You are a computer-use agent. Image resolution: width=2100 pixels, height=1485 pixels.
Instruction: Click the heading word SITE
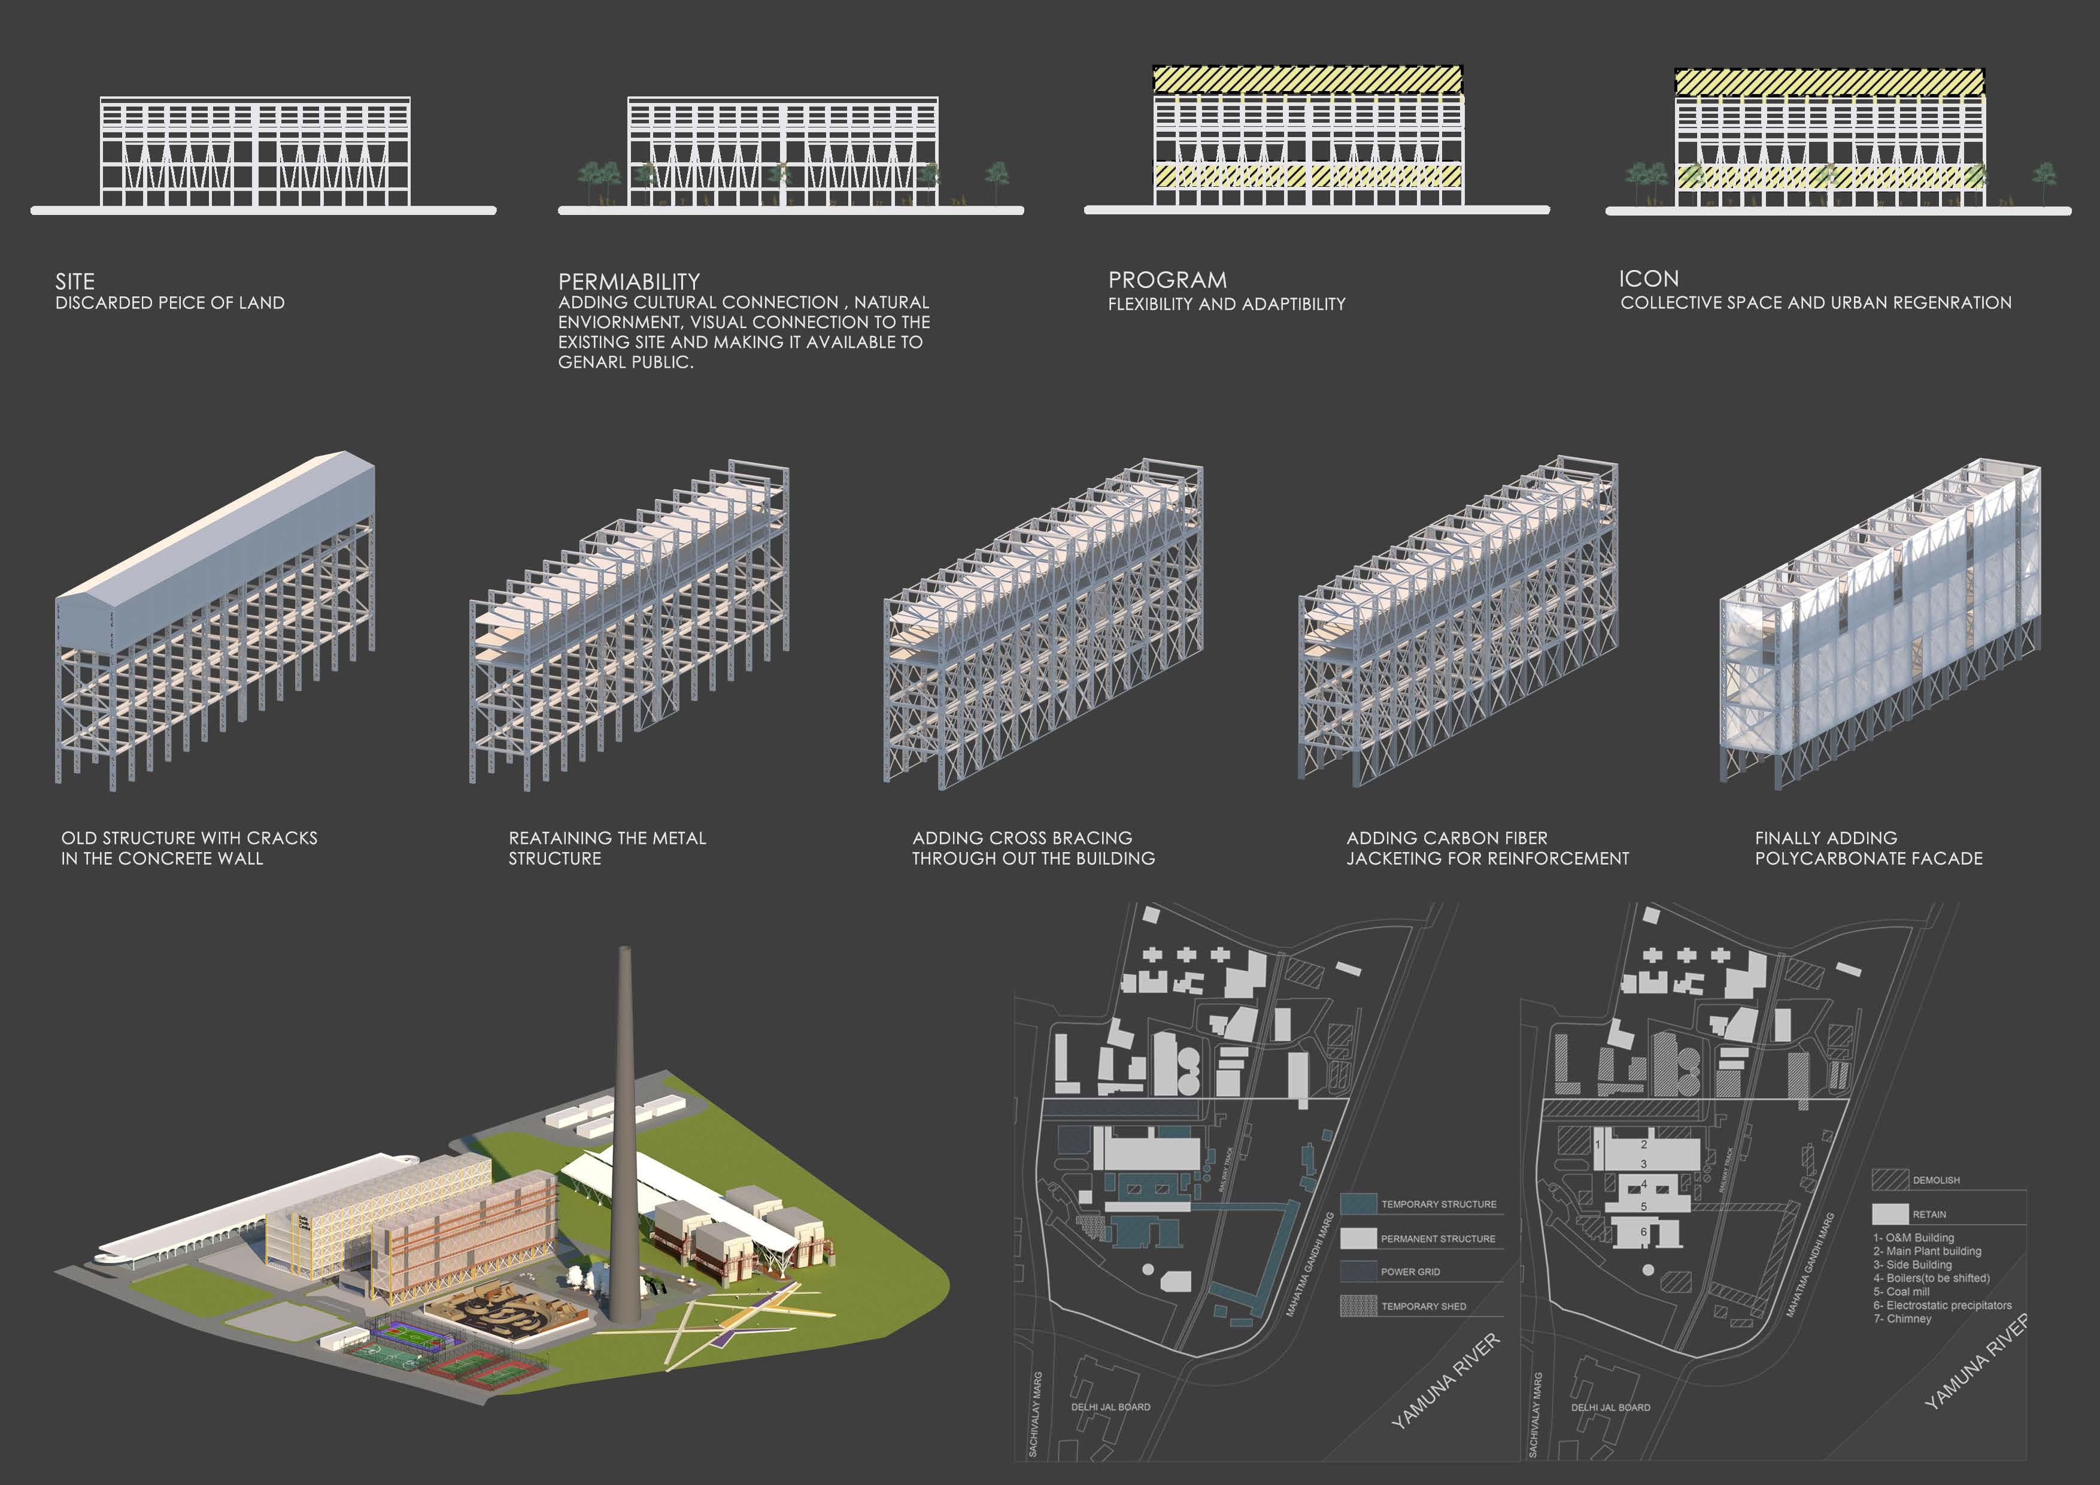75,281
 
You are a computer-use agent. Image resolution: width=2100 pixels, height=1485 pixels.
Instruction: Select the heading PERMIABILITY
629,281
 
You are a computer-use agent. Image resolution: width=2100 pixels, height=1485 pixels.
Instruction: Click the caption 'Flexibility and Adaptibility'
1227,304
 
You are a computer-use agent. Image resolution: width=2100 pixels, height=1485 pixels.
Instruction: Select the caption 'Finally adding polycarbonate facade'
1868,848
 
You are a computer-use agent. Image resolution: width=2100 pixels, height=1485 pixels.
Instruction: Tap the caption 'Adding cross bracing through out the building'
1033,848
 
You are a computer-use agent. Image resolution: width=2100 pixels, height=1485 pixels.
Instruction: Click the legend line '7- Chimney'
1902,1319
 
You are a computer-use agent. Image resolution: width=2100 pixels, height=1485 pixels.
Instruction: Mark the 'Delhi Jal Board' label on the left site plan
1110,1407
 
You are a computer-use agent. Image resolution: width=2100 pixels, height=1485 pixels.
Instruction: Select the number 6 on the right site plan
1644,1232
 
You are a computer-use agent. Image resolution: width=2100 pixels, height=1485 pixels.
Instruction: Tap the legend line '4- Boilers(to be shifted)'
1931,1278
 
